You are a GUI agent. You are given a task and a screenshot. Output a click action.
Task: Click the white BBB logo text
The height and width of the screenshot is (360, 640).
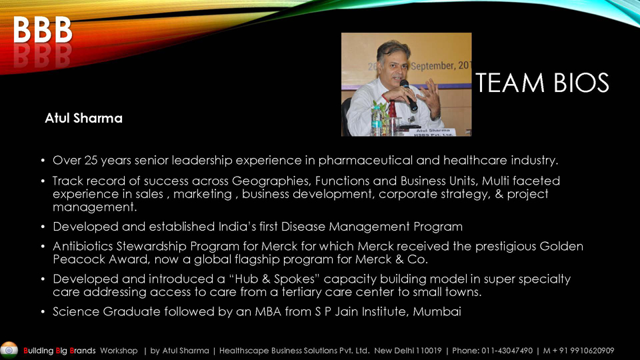tap(43, 30)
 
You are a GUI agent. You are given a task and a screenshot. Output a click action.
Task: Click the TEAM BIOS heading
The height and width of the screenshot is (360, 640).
tap(542, 83)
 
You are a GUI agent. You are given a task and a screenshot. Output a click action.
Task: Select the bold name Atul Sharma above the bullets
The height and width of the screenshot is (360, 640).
tap(84, 118)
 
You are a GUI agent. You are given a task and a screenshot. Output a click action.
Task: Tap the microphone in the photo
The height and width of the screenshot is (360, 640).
tap(409, 95)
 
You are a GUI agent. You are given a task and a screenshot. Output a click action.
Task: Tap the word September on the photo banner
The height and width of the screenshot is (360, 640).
tap(432, 65)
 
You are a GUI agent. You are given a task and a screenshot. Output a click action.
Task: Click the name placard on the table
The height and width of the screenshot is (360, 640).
tap(433, 132)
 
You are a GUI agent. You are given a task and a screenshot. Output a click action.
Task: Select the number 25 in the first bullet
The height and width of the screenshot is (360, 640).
tap(91, 161)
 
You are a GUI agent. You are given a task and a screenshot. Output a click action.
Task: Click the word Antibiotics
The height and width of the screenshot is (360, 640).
tap(83, 247)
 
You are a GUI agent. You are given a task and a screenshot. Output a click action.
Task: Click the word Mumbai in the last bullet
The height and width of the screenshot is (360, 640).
tap(437, 312)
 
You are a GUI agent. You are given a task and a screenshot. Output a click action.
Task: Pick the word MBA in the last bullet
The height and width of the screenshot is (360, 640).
tap(268, 312)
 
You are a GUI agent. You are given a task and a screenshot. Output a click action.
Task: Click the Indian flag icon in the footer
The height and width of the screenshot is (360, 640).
tap(9, 350)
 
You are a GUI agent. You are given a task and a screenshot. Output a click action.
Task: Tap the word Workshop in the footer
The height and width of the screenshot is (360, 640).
tap(119, 351)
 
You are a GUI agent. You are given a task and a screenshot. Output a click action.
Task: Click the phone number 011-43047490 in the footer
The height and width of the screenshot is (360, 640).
tap(507, 351)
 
